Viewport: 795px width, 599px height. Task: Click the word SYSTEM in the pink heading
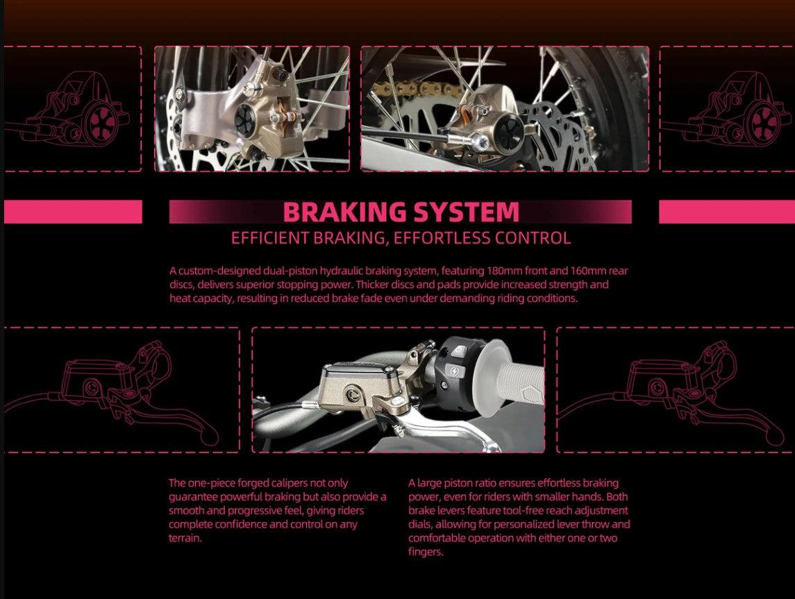pos(459,212)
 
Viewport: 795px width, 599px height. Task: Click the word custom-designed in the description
pos(212,271)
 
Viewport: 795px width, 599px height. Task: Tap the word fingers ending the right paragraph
pos(425,552)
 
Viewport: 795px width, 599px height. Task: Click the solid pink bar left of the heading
pos(73,212)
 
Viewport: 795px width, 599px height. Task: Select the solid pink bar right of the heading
pos(726,212)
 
